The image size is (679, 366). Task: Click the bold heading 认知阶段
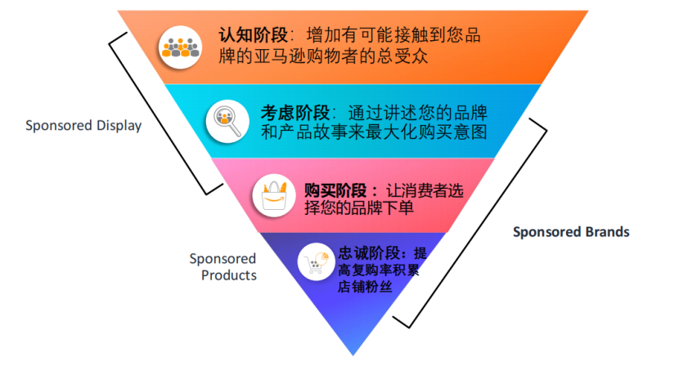[252, 36]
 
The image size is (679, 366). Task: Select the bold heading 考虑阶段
[295, 111]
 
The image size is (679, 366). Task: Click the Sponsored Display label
[83, 126]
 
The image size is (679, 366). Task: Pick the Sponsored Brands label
[571, 232]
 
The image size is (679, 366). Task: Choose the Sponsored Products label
[223, 267]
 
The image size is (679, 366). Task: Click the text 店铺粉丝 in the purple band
[365, 288]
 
